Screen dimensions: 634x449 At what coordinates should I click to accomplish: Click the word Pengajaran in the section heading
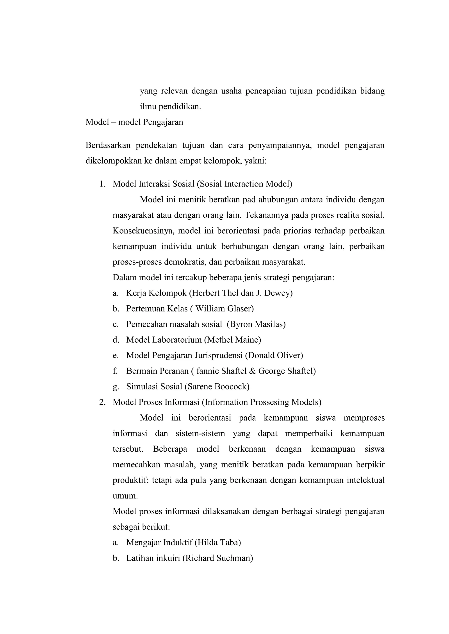click(163, 122)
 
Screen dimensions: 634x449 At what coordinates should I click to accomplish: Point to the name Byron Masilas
click(256, 324)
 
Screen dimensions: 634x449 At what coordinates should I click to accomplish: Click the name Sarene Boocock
click(217, 386)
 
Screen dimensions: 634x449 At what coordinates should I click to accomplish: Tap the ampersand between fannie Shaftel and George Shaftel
click(252, 371)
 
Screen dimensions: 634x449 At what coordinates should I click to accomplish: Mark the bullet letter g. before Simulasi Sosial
click(116, 387)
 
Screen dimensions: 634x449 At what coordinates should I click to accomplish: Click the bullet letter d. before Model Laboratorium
click(116, 340)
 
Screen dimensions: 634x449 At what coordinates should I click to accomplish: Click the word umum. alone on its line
click(125, 496)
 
